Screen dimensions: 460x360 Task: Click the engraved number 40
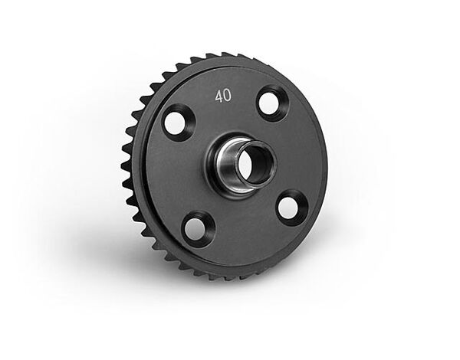(223, 97)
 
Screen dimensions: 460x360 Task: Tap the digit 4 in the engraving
(219, 97)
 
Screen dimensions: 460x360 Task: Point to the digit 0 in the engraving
(228, 96)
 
